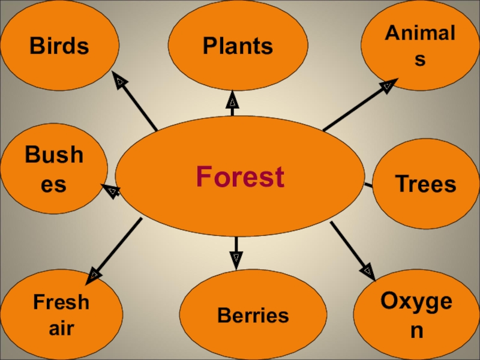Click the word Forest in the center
tap(240, 178)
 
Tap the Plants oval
tap(238, 45)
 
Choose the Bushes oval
tap(54, 169)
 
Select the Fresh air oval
tap(61, 314)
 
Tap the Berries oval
tap(253, 315)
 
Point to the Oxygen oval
tap(416, 314)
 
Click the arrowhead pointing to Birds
tap(119, 80)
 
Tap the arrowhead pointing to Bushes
tap(111, 191)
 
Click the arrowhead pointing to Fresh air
tap(94, 276)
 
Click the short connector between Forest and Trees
tap(368, 184)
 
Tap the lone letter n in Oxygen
tap(416, 331)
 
